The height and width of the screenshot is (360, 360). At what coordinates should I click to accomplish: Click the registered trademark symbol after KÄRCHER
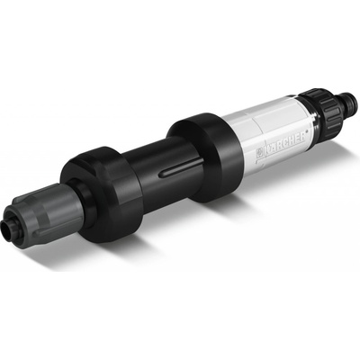(307, 131)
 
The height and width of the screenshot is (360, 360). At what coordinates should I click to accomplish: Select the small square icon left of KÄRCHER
(258, 153)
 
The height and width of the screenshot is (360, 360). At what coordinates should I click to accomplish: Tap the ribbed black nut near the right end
(328, 105)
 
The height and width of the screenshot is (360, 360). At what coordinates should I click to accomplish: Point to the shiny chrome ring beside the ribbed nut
(312, 115)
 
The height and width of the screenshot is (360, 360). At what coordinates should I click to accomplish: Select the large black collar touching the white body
(204, 156)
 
